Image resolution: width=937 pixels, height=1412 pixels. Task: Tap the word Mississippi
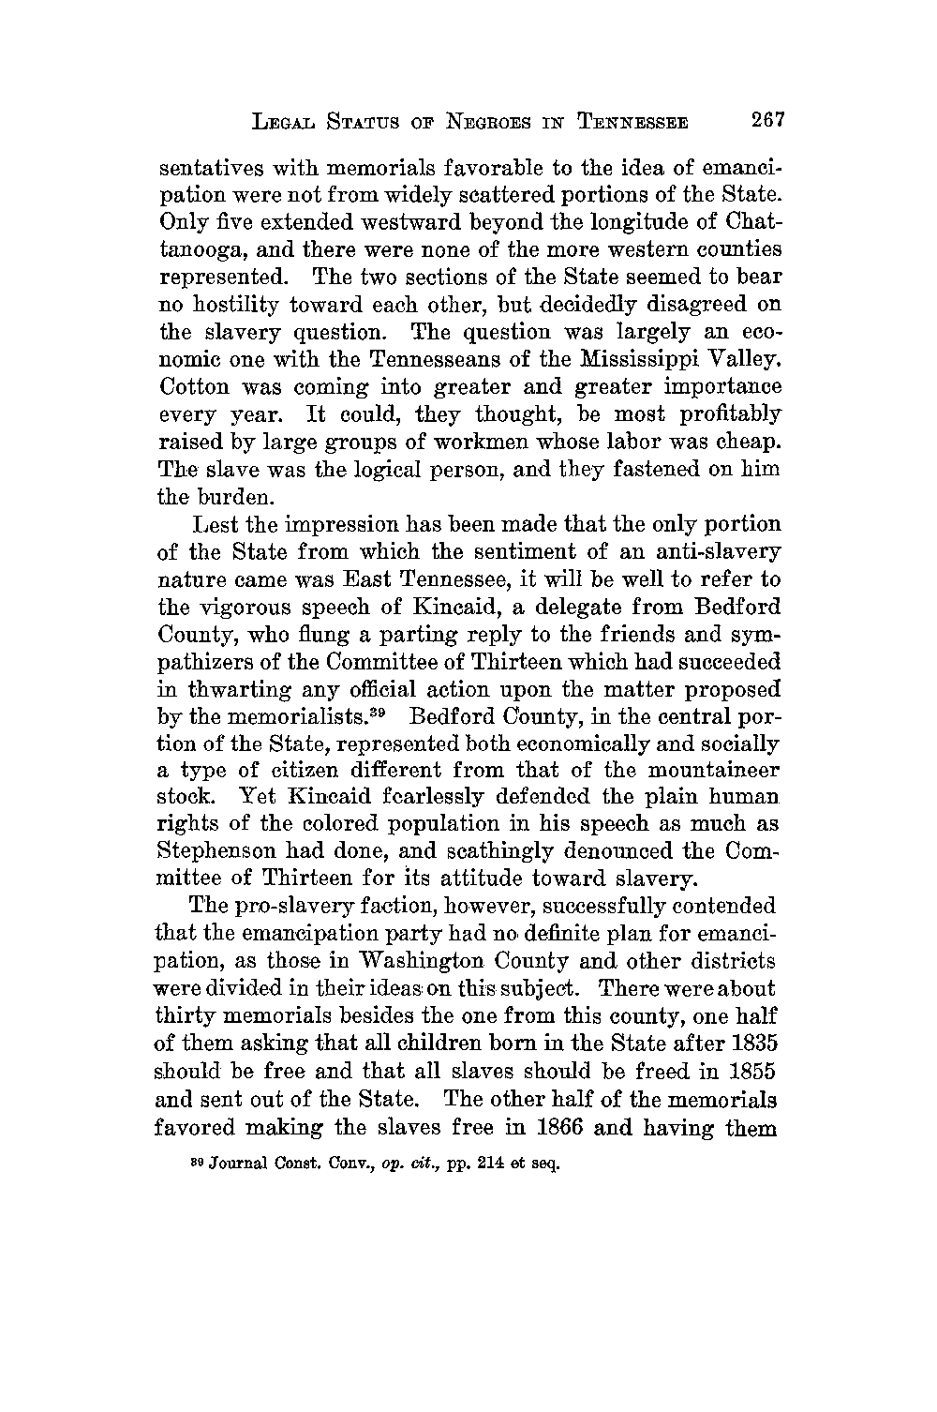636,359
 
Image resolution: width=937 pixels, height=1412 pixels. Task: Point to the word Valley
740,359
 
